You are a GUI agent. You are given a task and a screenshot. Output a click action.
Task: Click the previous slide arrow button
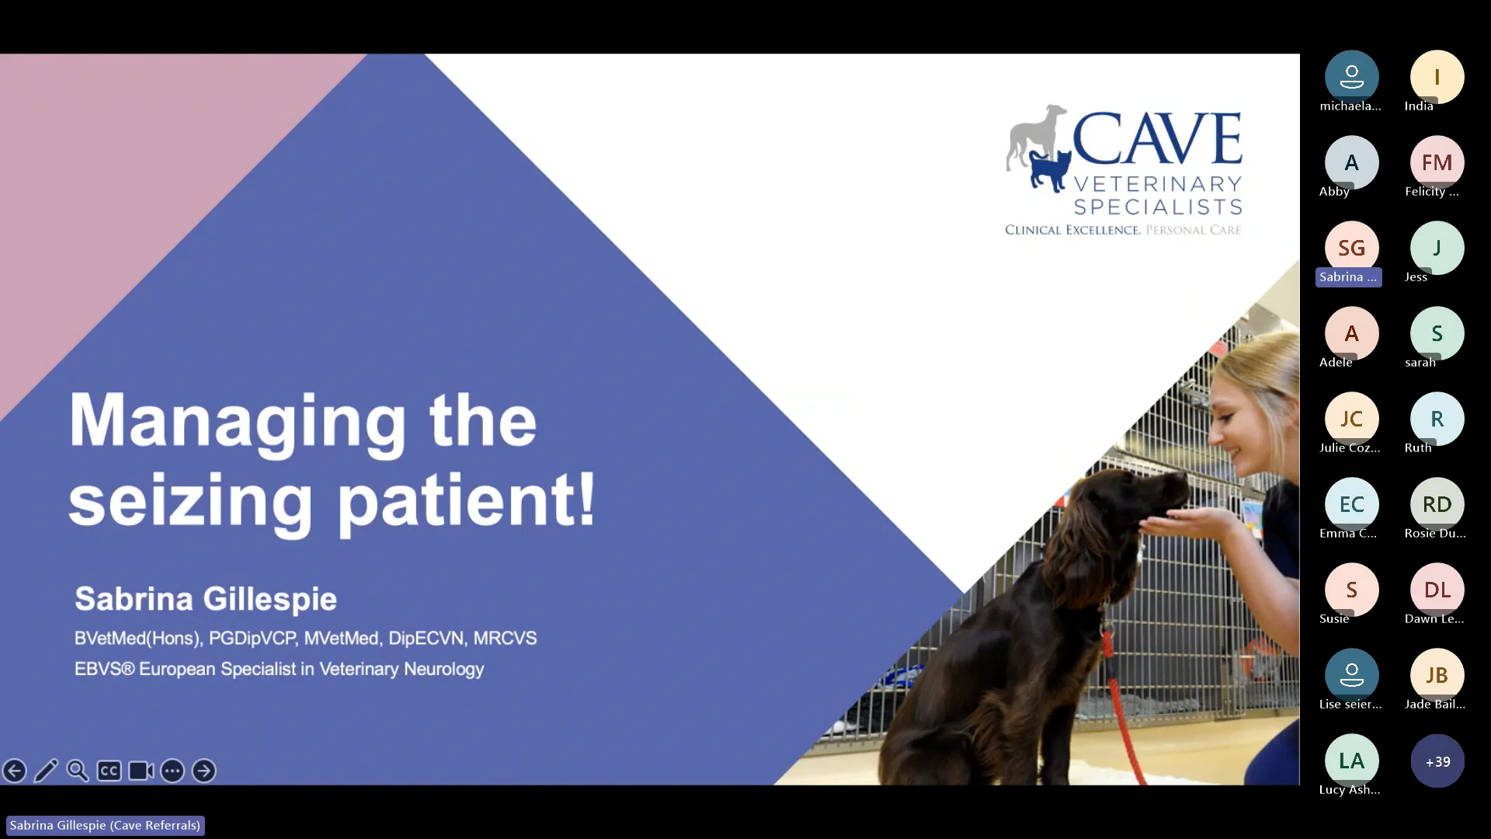(x=15, y=771)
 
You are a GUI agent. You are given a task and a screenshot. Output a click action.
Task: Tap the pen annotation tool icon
(x=47, y=771)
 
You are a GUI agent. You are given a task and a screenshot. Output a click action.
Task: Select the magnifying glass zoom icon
(x=78, y=771)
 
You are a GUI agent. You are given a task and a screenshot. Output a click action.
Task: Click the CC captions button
(x=109, y=771)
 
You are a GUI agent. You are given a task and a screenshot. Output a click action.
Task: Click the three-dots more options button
(x=172, y=771)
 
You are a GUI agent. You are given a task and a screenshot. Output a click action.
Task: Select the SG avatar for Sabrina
(x=1351, y=248)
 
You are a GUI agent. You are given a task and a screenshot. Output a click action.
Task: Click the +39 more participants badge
(x=1437, y=761)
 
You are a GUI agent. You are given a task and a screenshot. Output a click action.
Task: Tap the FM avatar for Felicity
(x=1437, y=162)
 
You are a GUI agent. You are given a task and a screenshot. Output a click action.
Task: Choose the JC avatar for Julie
(x=1351, y=419)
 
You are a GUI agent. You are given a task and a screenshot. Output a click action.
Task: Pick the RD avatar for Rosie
(x=1437, y=504)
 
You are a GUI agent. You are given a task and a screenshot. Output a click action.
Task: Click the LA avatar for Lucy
(x=1351, y=761)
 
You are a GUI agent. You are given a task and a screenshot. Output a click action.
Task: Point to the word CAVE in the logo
(x=1157, y=139)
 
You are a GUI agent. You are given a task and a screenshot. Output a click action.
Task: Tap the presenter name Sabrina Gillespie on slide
(x=206, y=599)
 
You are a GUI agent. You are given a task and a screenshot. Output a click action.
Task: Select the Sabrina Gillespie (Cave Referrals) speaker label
(x=105, y=825)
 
